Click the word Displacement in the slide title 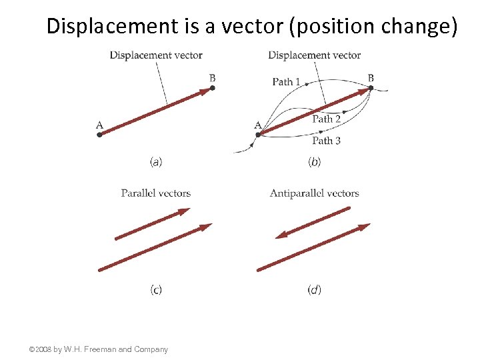[x=109, y=26]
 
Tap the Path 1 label [x=286, y=81]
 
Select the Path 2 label [x=327, y=119]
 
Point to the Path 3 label [x=327, y=140]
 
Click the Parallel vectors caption [x=156, y=193]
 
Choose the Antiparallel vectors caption [x=314, y=193]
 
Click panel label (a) [x=156, y=161]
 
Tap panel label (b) [x=314, y=161]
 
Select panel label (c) [x=156, y=289]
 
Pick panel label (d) [x=314, y=289]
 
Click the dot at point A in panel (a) [x=99, y=135]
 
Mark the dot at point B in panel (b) [x=371, y=87]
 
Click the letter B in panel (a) [x=212, y=79]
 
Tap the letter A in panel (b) [x=258, y=125]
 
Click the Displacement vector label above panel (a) [x=156, y=55]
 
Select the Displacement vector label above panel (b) [x=314, y=55]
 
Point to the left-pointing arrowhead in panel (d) [x=281, y=235]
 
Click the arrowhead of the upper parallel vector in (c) [x=184, y=212]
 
